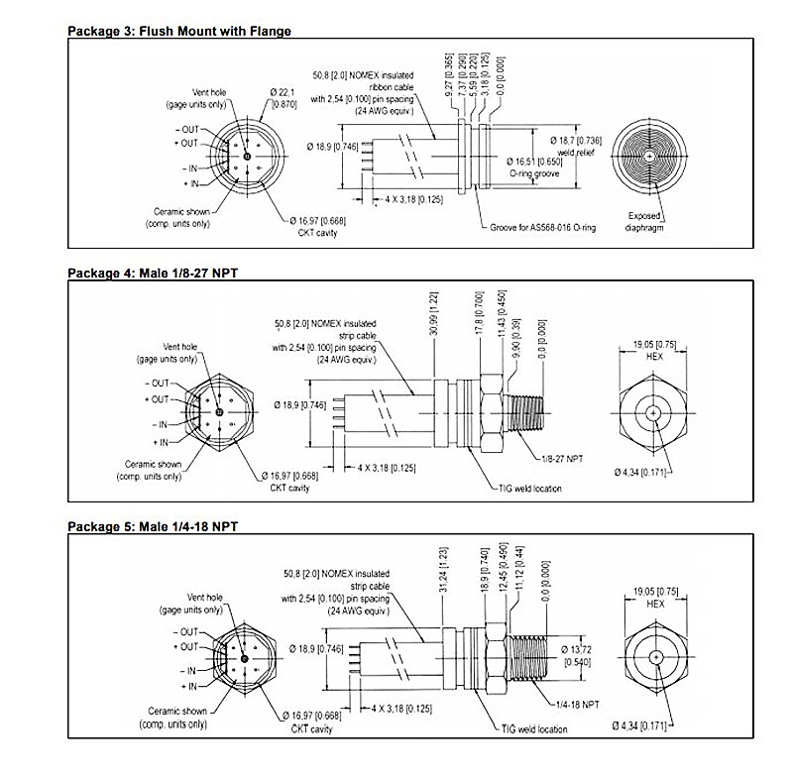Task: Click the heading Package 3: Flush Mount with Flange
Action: click(x=178, y=31)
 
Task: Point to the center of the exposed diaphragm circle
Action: click(x=648, y=157)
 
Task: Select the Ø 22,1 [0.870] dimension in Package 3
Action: click(x=283, y=98)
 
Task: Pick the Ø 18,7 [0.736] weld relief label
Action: click(x=576, y=148)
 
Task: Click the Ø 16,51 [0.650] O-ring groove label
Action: click(x=541, y=166)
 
